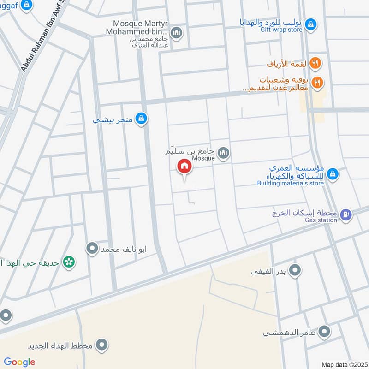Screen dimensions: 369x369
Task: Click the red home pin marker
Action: click(x=184, y=166)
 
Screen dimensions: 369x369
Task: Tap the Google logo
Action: click(x=19, y=362)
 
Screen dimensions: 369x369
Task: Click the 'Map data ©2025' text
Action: click(x=344, y=364)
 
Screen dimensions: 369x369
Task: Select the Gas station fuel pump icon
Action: click(x=345, y=214)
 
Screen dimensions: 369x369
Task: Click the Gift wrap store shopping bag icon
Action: click(x=311, y=23)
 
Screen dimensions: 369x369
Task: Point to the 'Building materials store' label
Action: click(x=290, y=183)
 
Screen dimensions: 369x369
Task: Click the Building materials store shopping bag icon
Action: click(x=332, y=174)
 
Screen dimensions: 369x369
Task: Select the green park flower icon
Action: click(x=69, y=262)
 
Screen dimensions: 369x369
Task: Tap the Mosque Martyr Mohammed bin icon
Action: click(x=176, y=33)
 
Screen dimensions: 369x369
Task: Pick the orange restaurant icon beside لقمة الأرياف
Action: click(x=315, y=63)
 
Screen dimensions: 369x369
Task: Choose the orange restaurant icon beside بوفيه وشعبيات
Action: click(x=317, y=83)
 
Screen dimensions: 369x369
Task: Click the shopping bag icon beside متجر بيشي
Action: click(x=142, y=119)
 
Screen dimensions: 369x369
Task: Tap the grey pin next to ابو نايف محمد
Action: click(x=92, y=249)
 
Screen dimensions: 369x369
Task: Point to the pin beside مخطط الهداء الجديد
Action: click(x=102, y=345)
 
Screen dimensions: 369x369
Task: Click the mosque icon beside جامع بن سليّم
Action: click(x=224, y=153)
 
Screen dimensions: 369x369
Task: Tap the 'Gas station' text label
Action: click(x=321, y=220)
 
